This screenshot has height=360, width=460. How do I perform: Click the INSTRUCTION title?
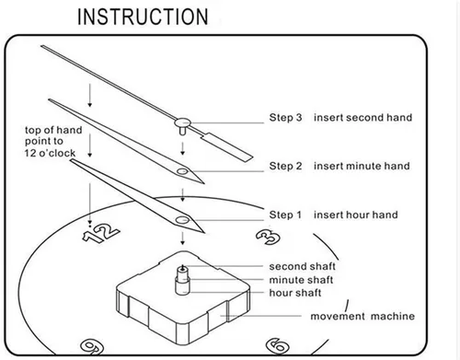[143, 17]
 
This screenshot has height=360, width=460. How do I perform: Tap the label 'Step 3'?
[285, 118]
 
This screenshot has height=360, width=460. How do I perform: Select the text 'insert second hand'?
[362, 118]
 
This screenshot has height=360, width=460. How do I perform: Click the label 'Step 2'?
[285, 166]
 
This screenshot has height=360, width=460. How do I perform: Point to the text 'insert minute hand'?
[362, 166]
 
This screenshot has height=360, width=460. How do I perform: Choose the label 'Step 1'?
[285, 215]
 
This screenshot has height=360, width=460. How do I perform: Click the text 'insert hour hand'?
[356, 215]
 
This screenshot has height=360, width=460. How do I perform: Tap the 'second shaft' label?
[302, 266]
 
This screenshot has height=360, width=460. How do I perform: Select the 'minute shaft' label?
[301, 280]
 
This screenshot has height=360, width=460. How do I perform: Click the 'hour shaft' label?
[295, 293]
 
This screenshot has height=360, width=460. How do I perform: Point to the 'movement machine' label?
[362, 316]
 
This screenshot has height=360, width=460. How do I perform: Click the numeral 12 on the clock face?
[101, 233]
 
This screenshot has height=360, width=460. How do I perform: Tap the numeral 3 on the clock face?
[268, 238]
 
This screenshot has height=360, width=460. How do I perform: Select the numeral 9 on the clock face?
[91, 346]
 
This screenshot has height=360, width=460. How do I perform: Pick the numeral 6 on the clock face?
[278, 345]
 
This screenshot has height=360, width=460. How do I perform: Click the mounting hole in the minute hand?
[182, 171]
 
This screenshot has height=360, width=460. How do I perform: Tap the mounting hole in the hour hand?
[182, 220]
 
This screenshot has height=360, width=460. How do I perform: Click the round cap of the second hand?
[183, 122]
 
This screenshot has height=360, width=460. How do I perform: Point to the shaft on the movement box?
[182, 280]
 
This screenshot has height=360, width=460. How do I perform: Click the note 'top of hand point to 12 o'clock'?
[53, 142]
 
